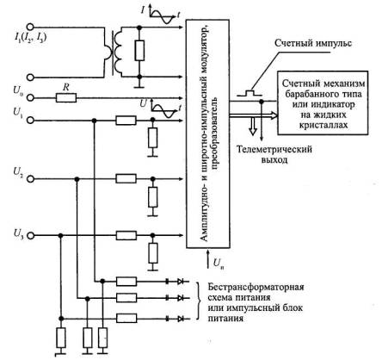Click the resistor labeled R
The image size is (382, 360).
click(66, 98)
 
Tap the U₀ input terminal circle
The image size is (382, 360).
click(30, 98)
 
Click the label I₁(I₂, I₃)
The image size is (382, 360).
click(30, 38)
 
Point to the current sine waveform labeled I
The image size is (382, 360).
click(163, 16)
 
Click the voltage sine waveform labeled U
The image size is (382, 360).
click(163, 110)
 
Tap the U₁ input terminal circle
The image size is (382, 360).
click(30, 121)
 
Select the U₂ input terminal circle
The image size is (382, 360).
click(30, 179)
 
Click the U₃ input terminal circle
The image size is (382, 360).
click(30, 236)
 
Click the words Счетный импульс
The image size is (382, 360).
click(313, 43)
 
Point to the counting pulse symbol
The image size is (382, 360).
click(250, 93)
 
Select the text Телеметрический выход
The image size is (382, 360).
click(274, 154)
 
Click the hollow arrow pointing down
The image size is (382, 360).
click(253, 127)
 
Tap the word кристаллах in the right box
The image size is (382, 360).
click(323, 125)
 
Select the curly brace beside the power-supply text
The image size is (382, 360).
click(199, 301)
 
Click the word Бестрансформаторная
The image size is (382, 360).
click(256, 287)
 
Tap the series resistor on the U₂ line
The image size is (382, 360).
click(126, 178)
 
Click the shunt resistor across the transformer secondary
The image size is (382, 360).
click(139, 50)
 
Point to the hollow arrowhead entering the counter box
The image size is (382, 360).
click(274, 115)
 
